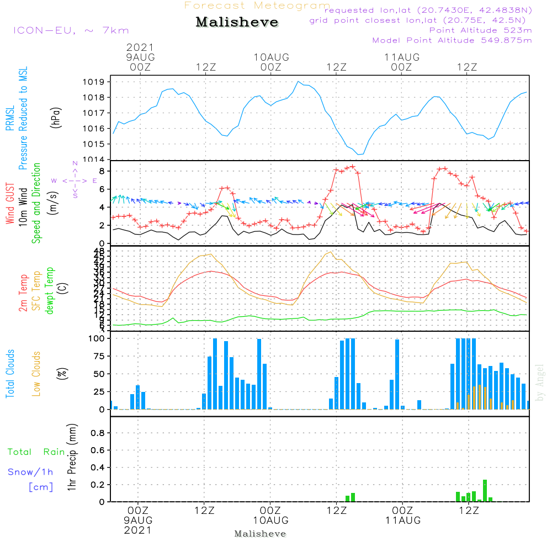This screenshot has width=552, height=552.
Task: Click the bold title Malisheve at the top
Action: click(x=237, y=23)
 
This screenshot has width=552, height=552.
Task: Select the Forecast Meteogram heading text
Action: click(x=257, y=6)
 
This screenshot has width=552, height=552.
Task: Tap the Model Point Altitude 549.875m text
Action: click(x=452, y=40)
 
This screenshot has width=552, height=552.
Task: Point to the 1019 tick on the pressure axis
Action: click(x=97, y=82)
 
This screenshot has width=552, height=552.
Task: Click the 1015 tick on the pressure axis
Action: click(x=97, y=144)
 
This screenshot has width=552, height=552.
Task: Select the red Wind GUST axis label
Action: click(x=10, y=204)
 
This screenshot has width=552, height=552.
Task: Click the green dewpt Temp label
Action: click(x=49, y=290)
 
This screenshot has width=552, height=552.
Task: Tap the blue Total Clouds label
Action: click(x=10, y=374)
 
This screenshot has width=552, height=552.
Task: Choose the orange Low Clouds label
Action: click(x=36, y=374)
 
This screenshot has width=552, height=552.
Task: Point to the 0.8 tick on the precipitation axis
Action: click(x=98, y=433)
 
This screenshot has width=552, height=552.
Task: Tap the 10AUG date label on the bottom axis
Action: click(x=270, y=520)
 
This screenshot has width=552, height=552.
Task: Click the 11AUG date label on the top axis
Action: click(x=401, y=57)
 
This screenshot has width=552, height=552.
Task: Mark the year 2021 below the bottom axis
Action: click(x=138, y=530)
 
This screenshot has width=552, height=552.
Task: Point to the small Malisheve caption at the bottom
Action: click(x=260, y=534)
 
